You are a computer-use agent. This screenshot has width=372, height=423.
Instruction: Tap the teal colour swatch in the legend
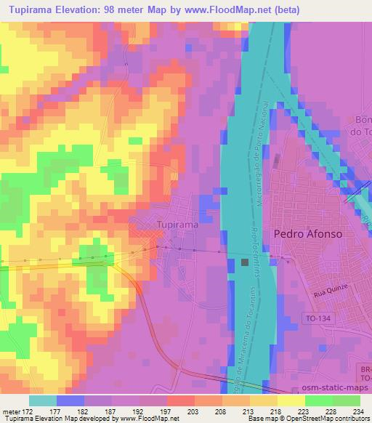point(43,400)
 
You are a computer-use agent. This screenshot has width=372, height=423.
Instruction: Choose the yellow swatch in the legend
point(291,400)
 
